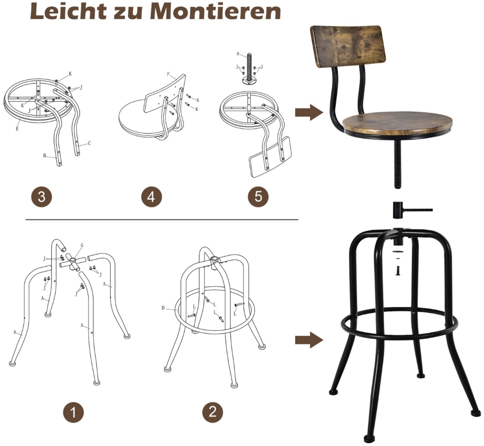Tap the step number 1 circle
coord(73,412)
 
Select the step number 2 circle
coord(213,411)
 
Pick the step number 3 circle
coord(42,197)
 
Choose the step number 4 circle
coord(152,197)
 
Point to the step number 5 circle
coord(258,196)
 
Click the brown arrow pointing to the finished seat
coord(309,112)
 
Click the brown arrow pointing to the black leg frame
coord(309,340)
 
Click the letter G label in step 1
coord(82,245)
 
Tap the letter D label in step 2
coord(163,308)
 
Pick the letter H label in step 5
coord(238,54)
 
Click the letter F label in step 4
coord(168,74)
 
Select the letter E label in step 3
coord(17,128)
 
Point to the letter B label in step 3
coord(45,156)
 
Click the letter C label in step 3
coord(90,143)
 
